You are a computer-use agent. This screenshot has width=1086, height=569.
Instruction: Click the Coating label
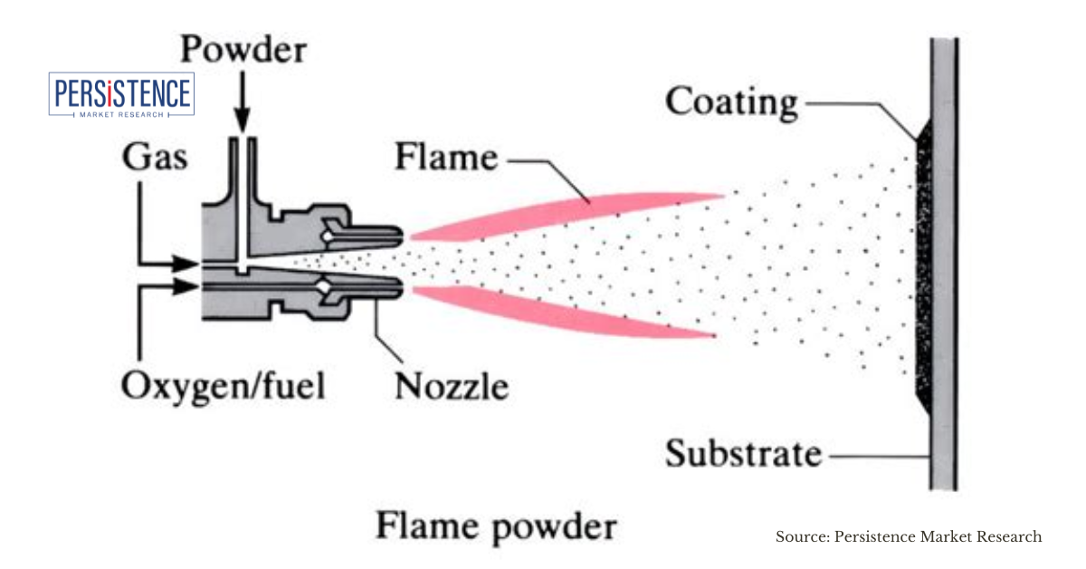coord(732,101)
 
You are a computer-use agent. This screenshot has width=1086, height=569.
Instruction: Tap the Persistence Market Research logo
coord(122,95)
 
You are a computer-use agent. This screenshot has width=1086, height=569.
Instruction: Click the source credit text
coord(909,537)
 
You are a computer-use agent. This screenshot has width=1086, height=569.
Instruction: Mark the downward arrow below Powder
coord(242,104)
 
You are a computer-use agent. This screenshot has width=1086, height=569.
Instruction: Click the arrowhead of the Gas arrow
coord(188,264)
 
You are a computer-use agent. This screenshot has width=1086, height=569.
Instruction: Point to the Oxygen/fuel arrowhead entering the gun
coord(188,286)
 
